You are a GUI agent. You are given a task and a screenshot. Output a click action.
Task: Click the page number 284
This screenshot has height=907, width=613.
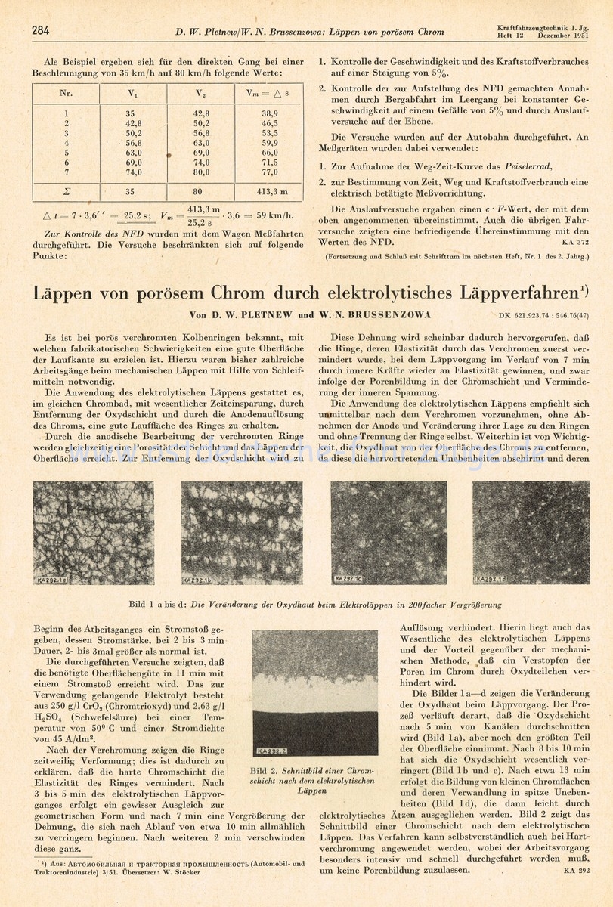click(x=40, y=31)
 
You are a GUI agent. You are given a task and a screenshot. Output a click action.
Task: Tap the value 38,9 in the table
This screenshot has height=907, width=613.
click(x=269, y=113)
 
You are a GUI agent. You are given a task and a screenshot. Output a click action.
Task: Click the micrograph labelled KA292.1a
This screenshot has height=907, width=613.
click(x=94, y=534)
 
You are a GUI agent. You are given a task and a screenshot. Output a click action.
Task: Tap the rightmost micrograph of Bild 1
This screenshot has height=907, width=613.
click(x=531, y=534)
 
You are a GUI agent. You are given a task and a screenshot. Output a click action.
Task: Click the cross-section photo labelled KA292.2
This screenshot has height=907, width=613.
click(x=314, y=692)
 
